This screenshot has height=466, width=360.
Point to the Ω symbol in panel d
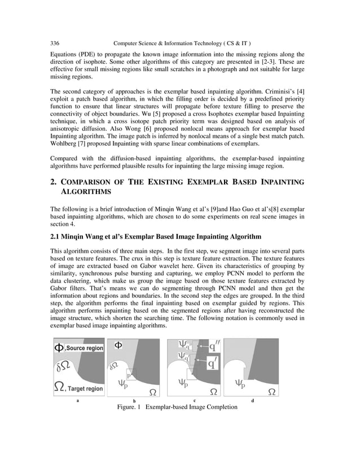271,391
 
